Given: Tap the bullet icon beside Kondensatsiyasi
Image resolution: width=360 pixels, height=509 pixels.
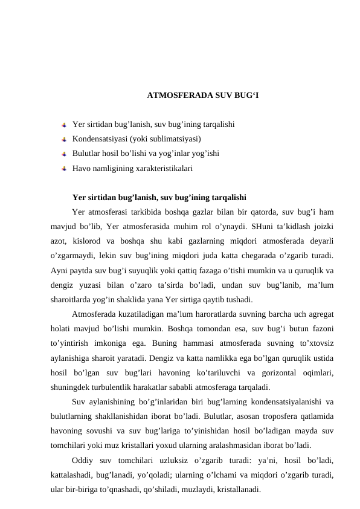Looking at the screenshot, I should pos(64,139).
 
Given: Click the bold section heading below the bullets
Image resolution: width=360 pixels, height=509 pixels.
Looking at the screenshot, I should pos(158,197).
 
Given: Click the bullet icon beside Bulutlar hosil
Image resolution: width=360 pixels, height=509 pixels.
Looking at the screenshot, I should pos(64,154).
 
